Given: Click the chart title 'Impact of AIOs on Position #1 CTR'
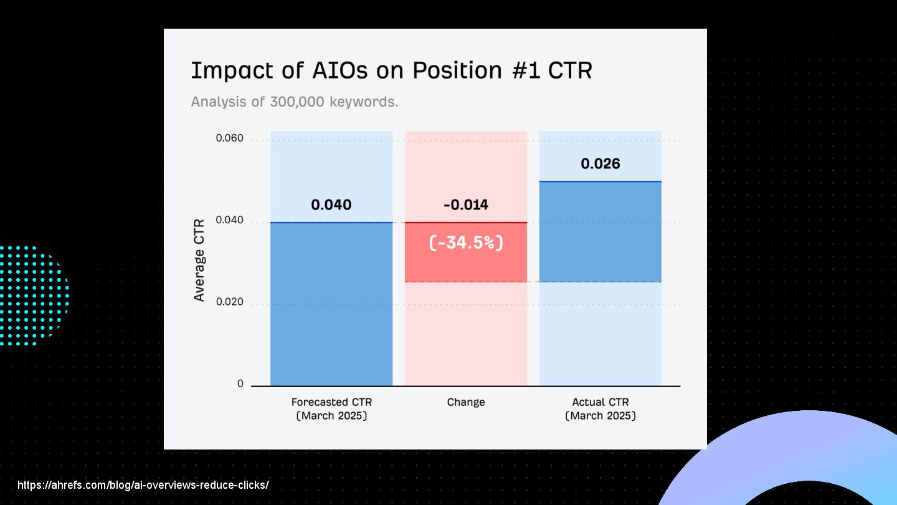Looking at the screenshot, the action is pyautogui.click(x=391, y=71).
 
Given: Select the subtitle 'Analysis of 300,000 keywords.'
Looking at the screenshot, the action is pyautogui.click(x=294, y=102).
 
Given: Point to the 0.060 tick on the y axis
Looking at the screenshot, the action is pyautogui.click(x=229, y=138).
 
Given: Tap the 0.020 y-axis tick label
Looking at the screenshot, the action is pyautogui.click(x=229, y=301).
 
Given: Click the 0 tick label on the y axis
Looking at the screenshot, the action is pyautogui.click(x=240, y=383).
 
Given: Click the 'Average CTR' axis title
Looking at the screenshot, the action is pyautogui.click(x=199, y=260).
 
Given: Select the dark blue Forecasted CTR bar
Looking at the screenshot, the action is pyautogui.click(x=331, y=304).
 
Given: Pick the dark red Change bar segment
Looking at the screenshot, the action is pyautogui.click(x=466, y=252).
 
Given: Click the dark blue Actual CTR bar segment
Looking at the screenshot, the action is pyautogui.click(x=600, y=232).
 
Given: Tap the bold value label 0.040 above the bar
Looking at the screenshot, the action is pyautogui.click(x=331, y=204).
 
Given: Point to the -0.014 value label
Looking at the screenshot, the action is pyautogui.click(x=466, y=204).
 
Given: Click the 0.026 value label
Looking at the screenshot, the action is pyautogui.click(x=600, y=163).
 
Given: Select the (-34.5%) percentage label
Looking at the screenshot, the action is pyautogui.click(x=466, y=243).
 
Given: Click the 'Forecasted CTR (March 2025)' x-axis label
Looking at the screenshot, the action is pyautogui.click(x=331, y=409).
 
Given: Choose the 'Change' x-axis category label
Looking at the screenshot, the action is pyautogui.click(x=466, y=402).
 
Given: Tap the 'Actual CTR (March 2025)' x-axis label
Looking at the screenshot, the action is pyautogui.click(x=600, y=409).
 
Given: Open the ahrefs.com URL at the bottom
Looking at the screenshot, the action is pyautogui.click(x=143, y=485).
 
